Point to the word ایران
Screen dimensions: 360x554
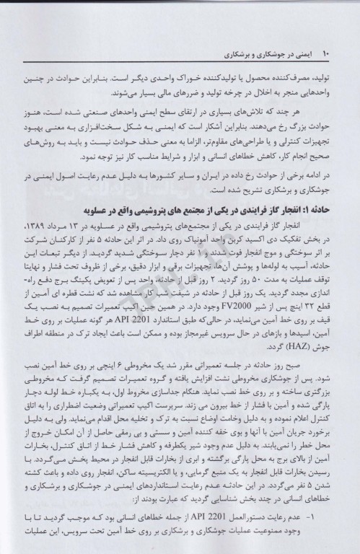[x=232, y=177]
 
